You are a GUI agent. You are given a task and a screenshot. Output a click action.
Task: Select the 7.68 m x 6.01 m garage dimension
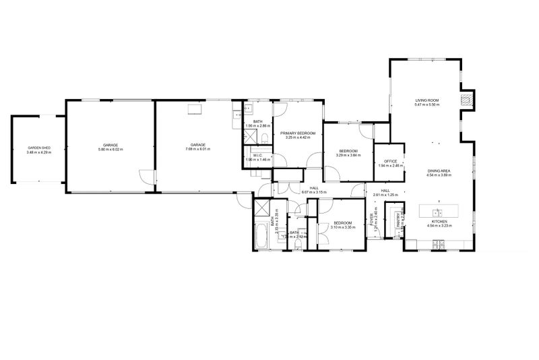click(x=197, y=149)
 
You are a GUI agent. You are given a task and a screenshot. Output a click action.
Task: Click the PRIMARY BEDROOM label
click(x=298, y=133)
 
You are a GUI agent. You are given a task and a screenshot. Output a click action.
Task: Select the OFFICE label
click(x=390, y=161)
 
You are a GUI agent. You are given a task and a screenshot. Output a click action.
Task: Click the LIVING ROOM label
click(x=426, y=100)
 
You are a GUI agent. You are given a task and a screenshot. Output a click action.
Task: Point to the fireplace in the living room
click(x=465, y=100)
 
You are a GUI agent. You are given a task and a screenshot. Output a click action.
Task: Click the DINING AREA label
click(x=438, y=171)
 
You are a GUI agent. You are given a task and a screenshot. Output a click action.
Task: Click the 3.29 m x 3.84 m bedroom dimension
click(x=348, y=155)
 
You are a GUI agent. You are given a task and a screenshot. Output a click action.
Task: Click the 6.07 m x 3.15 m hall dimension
click(x=314, y=192)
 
